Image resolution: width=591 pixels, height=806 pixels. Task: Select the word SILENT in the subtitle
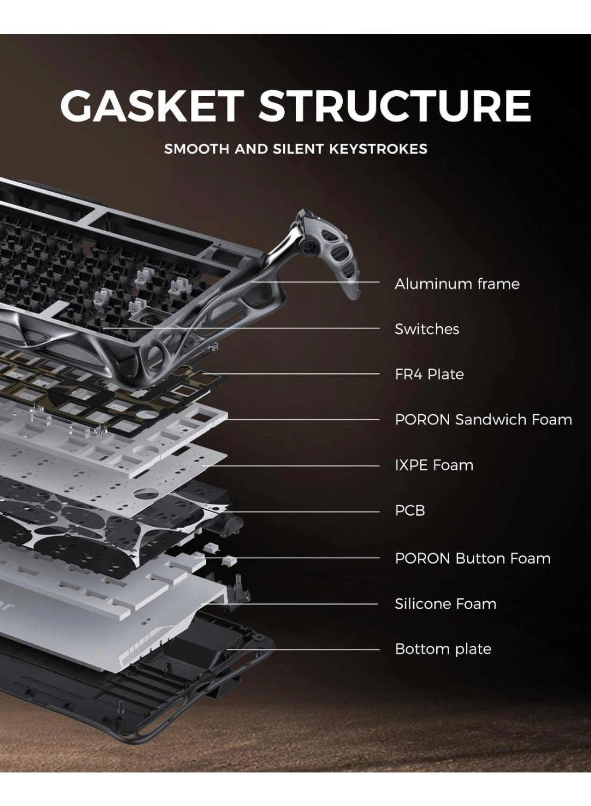(298, 149)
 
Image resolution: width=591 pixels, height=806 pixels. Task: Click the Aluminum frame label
(457, 284)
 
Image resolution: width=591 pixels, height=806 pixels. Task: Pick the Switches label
(427, 329)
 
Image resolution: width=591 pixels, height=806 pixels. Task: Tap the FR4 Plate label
(429, 374)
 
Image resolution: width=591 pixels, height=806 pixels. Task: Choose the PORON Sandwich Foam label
(483, 419)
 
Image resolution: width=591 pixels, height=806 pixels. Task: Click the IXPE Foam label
(434, 465)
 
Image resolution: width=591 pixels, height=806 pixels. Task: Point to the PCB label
(409, 510)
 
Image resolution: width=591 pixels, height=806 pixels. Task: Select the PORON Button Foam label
(472, 558)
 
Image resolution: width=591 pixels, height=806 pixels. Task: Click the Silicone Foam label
(445, 603)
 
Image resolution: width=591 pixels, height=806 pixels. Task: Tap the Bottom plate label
(443, 649)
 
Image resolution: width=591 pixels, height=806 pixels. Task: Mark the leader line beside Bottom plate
(306, 649)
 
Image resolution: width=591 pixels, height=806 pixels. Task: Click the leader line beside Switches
(242, 328)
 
